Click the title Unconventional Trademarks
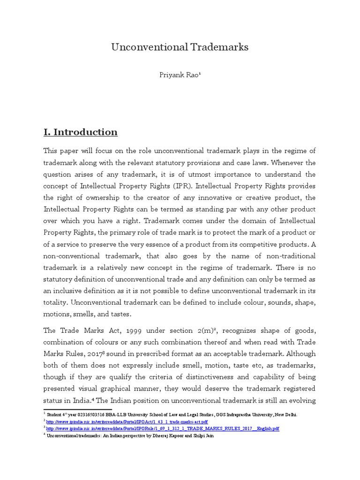pos(180,47)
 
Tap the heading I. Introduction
pos(80,132)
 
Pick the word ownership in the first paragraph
pos(107,197)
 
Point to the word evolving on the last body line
pos(299,400)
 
